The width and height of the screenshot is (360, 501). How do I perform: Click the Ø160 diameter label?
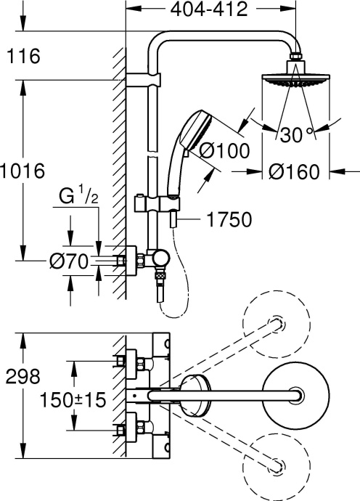(294, 172)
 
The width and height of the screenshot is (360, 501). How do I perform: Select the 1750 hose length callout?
(230, 218)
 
